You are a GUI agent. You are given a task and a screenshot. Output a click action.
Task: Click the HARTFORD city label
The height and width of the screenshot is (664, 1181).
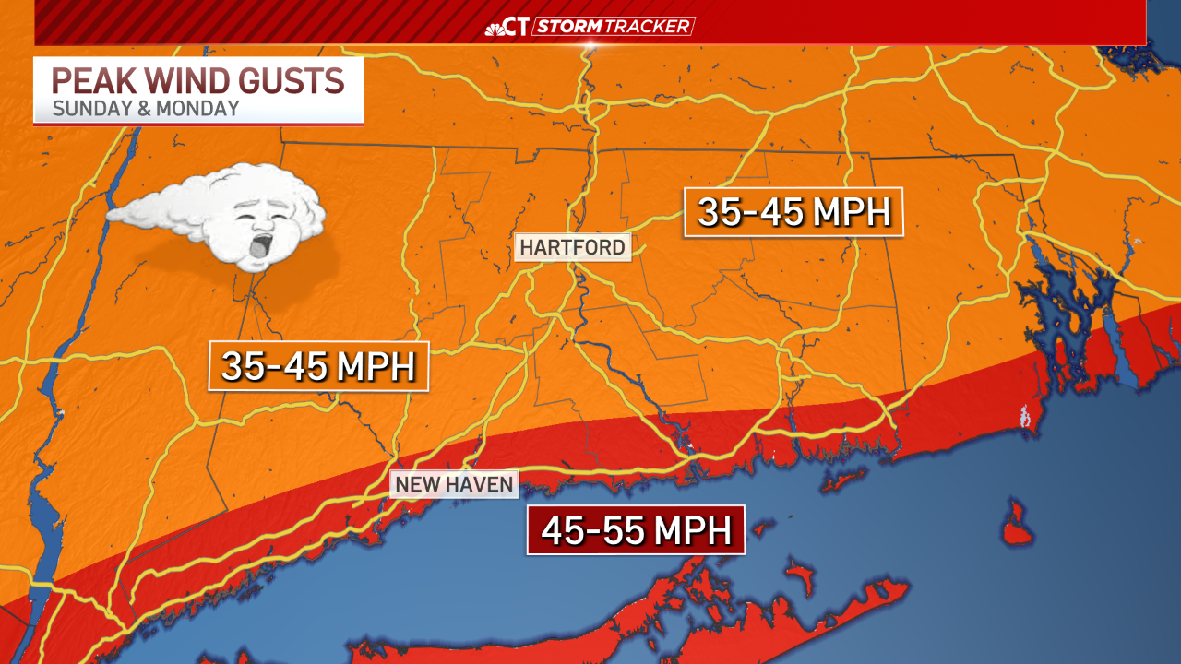(572, 247)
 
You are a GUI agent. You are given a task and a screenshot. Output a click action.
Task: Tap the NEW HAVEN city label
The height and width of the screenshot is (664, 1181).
(454, 484)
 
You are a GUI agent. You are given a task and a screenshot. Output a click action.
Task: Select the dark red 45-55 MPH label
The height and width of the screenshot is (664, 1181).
(636, 530)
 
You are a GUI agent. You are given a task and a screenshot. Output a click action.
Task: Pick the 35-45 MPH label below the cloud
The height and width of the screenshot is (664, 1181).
(318, 366)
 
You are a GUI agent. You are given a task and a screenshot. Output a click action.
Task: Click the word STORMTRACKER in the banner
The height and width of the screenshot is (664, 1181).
(614, 27)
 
